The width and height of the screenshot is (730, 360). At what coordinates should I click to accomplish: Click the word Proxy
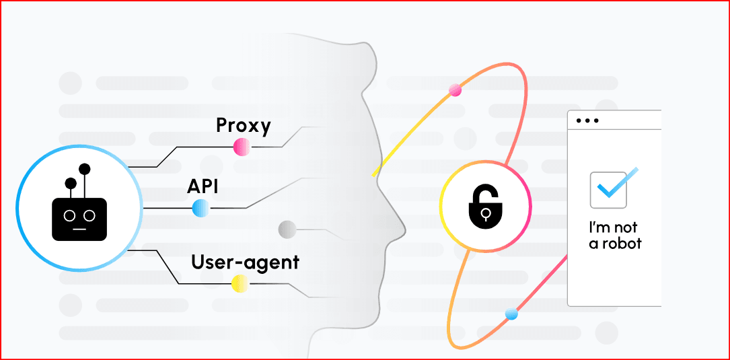click(x=243, y=126)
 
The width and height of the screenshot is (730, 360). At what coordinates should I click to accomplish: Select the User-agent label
click(x=245, y=262)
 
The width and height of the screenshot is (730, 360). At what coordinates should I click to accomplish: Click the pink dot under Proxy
click(x=242, y=147)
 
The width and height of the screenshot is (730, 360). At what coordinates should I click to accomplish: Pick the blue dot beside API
click(x=200, y=208)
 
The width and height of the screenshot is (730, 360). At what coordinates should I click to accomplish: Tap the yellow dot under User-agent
click(x=240, y=283)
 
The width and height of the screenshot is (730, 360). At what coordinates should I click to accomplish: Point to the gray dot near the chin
click(x=287, y=229)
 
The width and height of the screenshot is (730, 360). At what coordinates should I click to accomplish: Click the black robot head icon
click(x=79, y=202)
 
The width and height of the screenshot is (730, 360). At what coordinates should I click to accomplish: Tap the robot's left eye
click(x=70, y=215)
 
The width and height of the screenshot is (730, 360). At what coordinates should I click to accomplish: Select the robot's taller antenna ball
click(x=84, y=169)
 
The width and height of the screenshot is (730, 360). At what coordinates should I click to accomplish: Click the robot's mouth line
click(x=79, y=229)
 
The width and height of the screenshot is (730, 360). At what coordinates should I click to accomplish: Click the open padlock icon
click(x=485, y=206)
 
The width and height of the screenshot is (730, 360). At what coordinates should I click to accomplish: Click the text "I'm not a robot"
click(x=615, y=236)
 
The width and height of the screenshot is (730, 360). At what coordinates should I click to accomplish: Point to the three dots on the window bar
click(x=587, y=120)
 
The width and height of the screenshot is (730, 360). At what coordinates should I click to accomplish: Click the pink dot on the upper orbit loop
click(x=454, y=90)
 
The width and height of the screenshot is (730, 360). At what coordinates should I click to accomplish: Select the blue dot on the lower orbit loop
click(x=511, y=314)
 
